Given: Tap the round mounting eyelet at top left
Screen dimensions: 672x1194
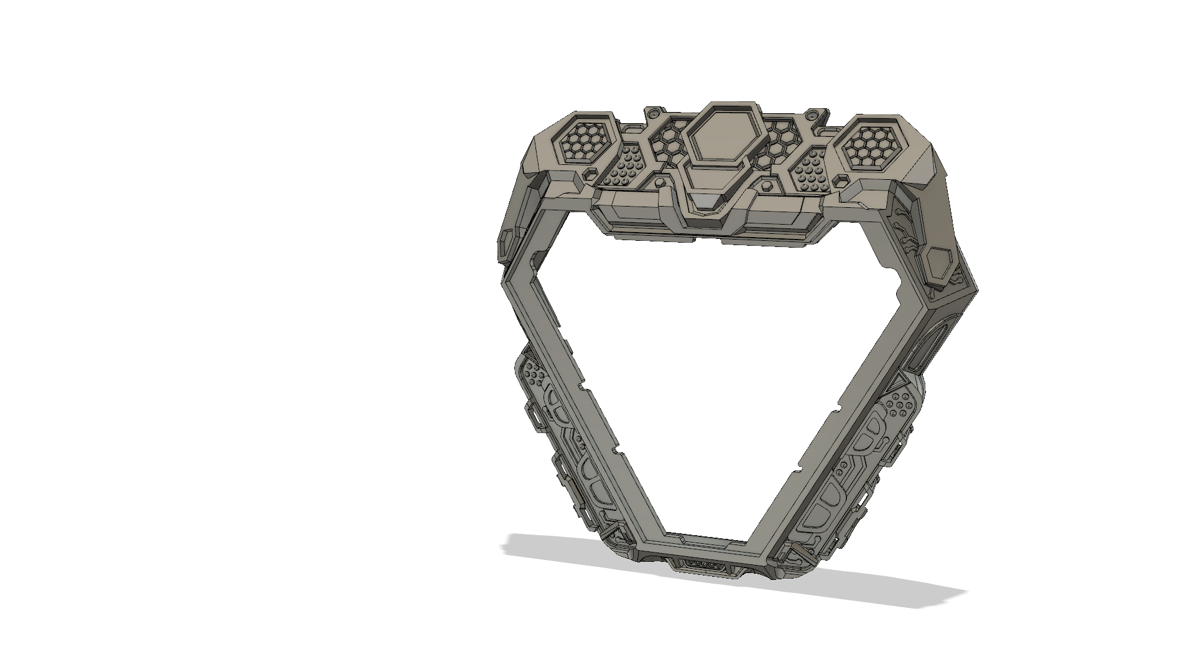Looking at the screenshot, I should click(x=652, y=114).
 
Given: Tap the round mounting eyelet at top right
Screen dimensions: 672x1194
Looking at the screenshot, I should click(x=811, y=116).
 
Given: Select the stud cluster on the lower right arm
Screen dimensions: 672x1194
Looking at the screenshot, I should click(x=899, y=404).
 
